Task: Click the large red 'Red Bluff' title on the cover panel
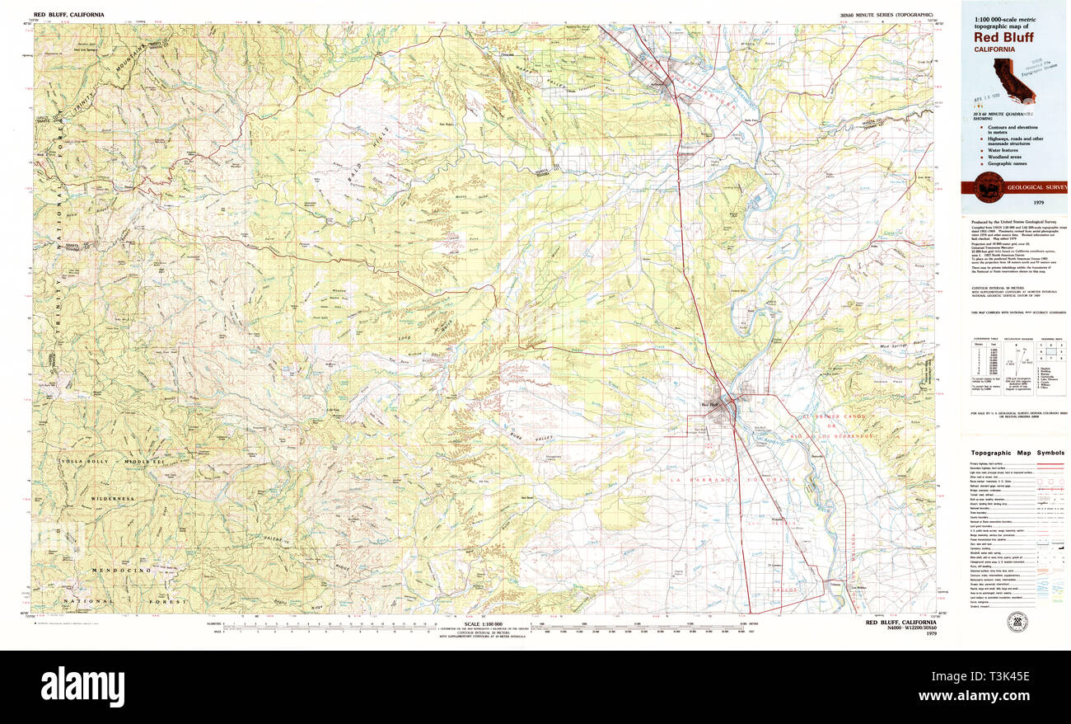(x=1003, y=36)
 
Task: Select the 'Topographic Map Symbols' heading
(x=1017, y=453)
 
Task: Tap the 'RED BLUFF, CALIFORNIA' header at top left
(x=68, y=15)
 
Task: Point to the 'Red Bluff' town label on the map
(x=709, y=404)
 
